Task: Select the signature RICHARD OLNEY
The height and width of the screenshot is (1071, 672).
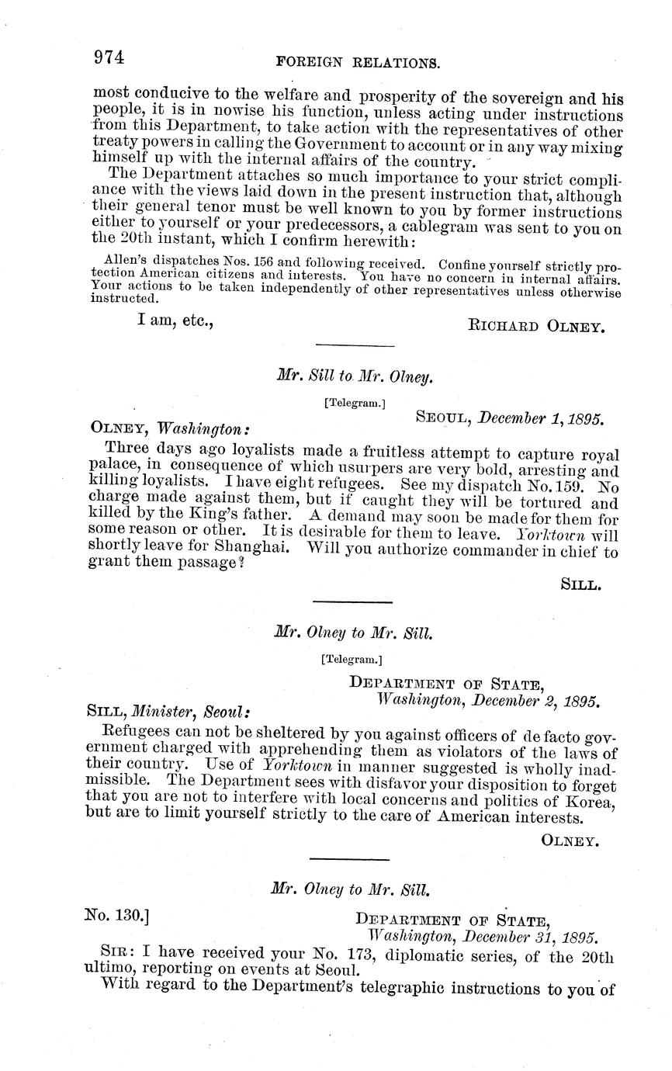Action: (x=535, y=328)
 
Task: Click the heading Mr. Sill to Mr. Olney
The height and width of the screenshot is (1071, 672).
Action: (x=354, y=377)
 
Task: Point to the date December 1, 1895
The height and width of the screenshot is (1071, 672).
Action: (x=541, y=418)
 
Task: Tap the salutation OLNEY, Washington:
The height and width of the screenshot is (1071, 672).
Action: (x=170, y=428)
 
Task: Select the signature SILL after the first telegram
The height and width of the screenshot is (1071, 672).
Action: (x=581, y=585)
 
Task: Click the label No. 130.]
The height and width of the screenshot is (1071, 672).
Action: (x=116, y=916)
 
